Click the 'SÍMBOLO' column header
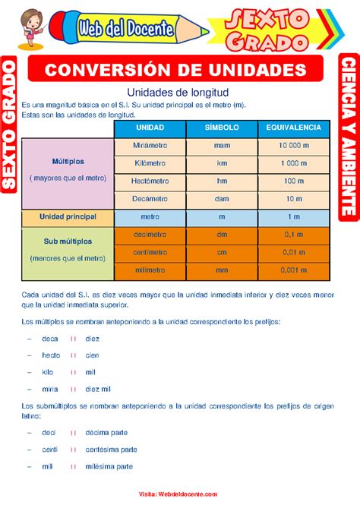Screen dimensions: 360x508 click(222, 127)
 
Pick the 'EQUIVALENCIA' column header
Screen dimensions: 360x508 click(293, 127)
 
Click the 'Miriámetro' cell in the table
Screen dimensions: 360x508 click(150, 145)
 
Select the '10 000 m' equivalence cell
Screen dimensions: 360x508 click(293, 145)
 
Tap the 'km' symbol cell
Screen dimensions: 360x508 click(222, 163)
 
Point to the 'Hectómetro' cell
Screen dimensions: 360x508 click(150, 181)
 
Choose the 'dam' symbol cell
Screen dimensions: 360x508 click(222, 199)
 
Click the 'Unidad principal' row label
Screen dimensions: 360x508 click(68, 216)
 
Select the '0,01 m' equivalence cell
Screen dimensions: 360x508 click(293, 252)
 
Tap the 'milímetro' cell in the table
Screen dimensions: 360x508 click(150, 270)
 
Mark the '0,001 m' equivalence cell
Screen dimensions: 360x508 click(293, 270)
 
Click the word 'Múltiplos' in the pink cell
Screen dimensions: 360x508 click(68, 162)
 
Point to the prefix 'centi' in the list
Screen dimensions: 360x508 click(50, 450)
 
